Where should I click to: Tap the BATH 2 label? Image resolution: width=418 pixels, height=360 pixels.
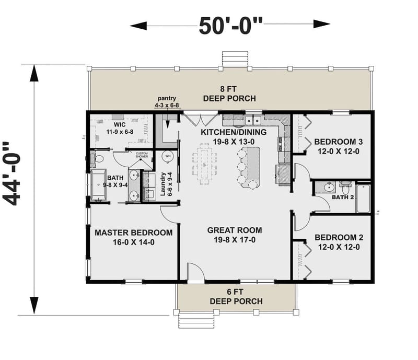343,198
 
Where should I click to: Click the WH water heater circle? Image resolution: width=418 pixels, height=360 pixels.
168,156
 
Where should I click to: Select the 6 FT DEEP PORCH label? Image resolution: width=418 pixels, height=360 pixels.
236,297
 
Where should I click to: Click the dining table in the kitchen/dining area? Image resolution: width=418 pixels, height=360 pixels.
204,162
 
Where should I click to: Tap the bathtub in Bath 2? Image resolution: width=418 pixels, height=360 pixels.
363,198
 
